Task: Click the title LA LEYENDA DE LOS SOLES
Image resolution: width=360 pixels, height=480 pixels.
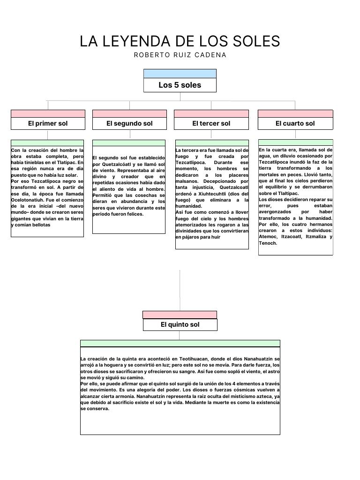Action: [x=180, y=41]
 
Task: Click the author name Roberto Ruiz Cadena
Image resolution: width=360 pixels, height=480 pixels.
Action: [x=180, y=55]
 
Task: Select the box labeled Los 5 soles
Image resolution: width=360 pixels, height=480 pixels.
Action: [x=180, y=85]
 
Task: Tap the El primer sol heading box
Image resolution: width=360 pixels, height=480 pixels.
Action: [x=48, y=123]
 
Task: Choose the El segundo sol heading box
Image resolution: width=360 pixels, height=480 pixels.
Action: [x=129, y=123]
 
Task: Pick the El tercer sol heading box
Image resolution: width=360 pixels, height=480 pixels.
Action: [x=211, y=123]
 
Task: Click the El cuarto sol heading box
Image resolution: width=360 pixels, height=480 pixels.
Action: [x=295, y=123]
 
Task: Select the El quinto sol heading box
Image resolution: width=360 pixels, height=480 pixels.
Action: [x=180, y=324]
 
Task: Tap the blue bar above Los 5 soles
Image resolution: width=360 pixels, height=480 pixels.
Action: [x=180, y=74]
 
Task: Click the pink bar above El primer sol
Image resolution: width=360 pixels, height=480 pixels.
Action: [x=48, y=113]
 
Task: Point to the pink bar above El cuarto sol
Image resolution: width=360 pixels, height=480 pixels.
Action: [x=295, y=113]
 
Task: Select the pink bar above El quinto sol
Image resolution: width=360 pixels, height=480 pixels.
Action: [x=180, y=315]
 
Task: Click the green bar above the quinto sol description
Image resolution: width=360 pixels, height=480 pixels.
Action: [x=180, y=343]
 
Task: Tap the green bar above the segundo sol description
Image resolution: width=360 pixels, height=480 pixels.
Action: [x=129, y=142]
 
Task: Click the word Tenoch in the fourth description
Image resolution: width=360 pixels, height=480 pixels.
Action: [x=268, y=243]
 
